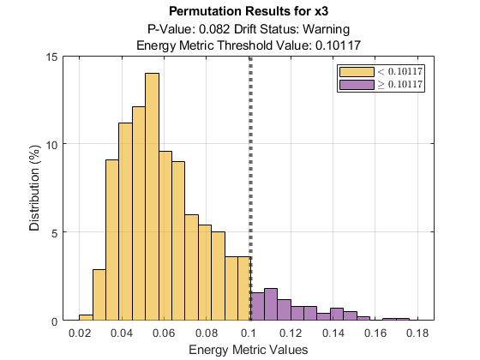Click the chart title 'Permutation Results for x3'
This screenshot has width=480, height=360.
(249, 12)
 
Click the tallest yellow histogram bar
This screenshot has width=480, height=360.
(152, 197)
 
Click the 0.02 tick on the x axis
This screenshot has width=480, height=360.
(80, 333)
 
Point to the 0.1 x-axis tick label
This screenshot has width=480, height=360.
(249, 333)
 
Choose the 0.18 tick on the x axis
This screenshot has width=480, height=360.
(417, 333)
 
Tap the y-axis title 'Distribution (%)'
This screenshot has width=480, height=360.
(35, 189)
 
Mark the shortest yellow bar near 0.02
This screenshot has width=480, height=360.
(86, 318)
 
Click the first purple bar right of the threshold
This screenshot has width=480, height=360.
(257, 307)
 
